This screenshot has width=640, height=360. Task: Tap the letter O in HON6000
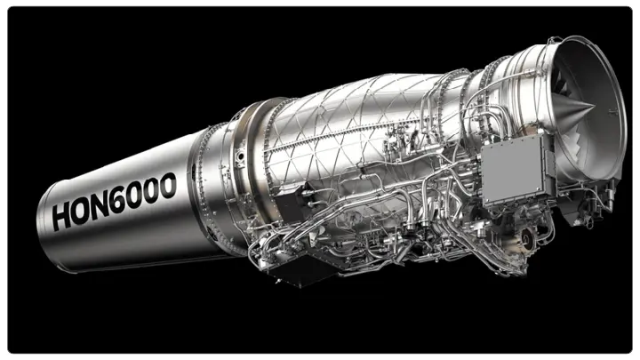click(x=84, y=209)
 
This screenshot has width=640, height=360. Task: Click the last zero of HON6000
click(x=166, y=184)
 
